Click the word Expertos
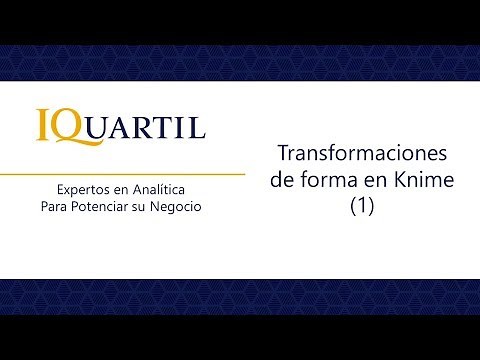click(x=84, y=189)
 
